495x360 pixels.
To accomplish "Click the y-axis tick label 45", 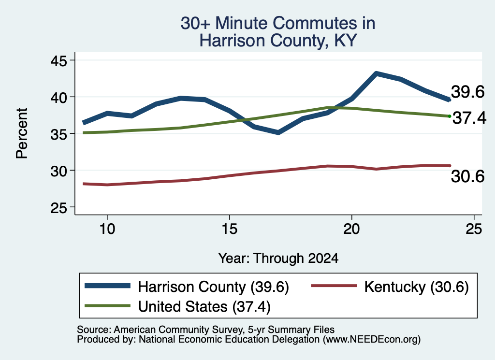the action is point(59,60).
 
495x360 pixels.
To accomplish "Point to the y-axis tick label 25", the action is point(59,208).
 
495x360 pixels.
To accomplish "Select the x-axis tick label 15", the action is point(230,229).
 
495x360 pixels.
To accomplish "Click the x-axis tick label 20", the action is point(352,229).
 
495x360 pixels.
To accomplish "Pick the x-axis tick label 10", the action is point(107,229).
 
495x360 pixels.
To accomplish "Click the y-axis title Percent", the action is point(22,133).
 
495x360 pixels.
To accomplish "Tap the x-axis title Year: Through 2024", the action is point(278,258).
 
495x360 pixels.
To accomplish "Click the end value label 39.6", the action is point(467,92).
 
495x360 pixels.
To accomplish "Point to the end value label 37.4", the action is point(469,118).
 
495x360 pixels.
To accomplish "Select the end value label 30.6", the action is point(467,176).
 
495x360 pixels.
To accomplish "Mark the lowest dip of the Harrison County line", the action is point(278,132).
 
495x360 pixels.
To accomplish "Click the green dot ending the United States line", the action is point(450,116).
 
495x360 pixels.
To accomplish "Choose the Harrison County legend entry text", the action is point(213,287).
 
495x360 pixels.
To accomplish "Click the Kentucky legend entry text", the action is point(416,287).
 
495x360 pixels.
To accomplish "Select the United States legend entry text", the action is point(204,306).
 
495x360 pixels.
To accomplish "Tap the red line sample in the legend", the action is point(334,286).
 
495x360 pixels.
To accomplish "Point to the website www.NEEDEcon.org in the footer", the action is point(371,339).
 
